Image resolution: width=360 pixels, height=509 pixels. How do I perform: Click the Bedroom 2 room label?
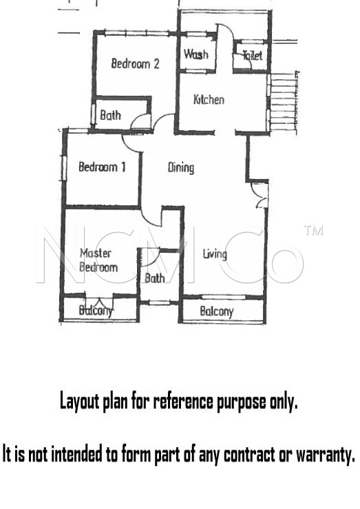pos(135,63)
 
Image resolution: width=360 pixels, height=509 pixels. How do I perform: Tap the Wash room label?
pos(196,54)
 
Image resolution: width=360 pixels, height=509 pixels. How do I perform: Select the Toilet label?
pos(253,55)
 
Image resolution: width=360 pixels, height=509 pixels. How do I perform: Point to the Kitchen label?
pos(209,99)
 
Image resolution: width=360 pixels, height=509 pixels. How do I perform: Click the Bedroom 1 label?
pos(102,167)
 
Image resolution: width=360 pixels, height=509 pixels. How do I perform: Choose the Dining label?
pos(181,167)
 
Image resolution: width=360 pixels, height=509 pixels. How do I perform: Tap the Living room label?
pos(215,254)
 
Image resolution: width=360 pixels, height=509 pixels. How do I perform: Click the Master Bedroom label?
pos(98,260)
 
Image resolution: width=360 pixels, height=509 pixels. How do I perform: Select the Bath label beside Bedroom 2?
pos(111,115)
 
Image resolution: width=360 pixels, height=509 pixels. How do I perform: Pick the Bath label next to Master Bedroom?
pos(155,278)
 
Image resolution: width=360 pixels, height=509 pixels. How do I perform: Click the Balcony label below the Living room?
pos(217,311)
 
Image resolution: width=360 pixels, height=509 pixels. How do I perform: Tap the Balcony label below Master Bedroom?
pos(96,311)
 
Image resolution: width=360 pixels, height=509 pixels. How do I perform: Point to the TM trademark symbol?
pos(313,230)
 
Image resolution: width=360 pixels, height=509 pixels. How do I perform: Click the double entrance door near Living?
pos(261,195)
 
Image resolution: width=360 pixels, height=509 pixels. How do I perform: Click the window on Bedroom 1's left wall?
pos(64,168)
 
